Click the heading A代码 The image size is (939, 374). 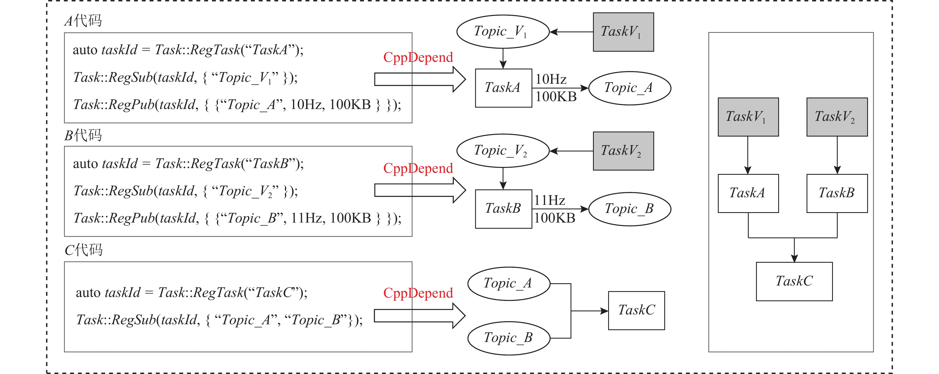pos(83,21)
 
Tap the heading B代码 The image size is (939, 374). pos(83,135)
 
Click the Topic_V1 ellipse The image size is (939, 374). pos(503,32)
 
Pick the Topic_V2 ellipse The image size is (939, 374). pos(503,151)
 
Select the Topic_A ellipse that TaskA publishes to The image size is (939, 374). pos(629,88)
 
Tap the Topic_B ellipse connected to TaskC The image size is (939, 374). pos(509,338)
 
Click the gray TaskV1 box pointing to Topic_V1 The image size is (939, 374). pos(623,32)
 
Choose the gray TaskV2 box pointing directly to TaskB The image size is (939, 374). pos(837,117)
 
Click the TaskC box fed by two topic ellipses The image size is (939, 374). pos(636,310)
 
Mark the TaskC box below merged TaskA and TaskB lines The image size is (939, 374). pos(794,281)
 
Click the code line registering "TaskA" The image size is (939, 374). pos(188,50)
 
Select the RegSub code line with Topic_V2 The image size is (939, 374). pos(185,191)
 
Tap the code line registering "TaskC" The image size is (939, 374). pos(191,293)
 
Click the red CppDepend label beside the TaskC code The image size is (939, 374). pos(418,293)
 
